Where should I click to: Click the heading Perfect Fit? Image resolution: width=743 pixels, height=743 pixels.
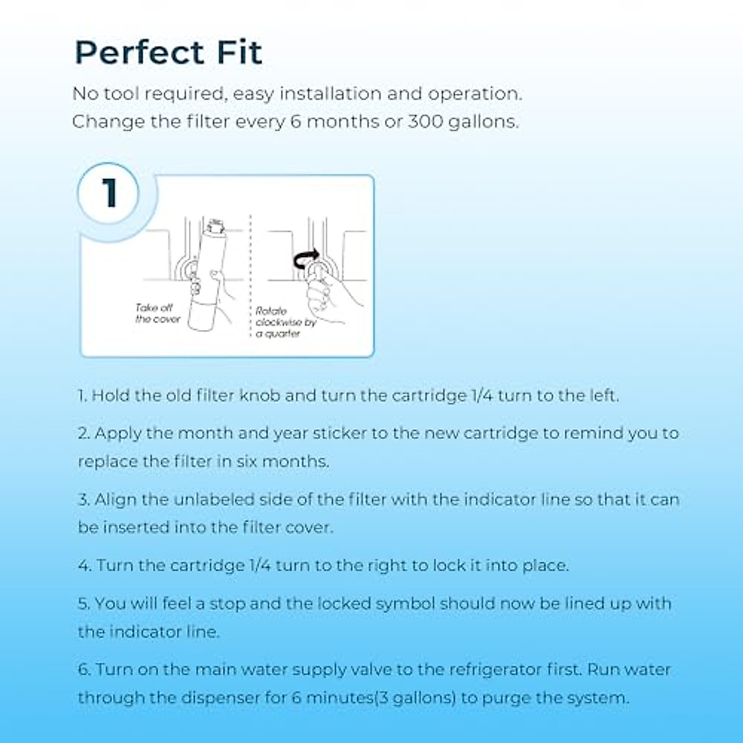point(168,53)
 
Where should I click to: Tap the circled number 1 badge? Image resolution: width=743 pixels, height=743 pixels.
point(109,193)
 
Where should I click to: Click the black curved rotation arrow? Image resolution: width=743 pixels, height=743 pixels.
point(306,259)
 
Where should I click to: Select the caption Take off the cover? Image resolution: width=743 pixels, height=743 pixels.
point(157,313)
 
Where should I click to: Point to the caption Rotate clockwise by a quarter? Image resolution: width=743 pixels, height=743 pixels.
point(285,323)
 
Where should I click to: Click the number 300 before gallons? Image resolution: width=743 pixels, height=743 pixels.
point(425,121)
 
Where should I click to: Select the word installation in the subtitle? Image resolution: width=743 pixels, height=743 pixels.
point(330,94)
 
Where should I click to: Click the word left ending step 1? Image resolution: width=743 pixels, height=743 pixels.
point(602,396)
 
